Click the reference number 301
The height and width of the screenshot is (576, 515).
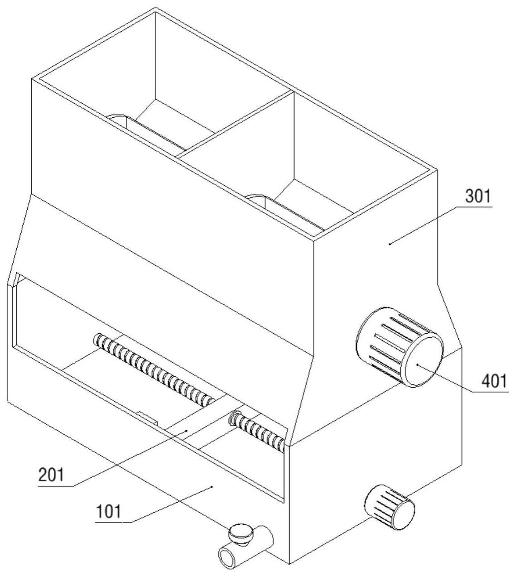pyautogui.click(x=478, y=196)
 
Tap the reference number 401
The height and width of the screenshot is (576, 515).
pyautogui.click(x=494, y=381)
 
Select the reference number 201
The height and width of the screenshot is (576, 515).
pyautogui.click(x=52, y=475)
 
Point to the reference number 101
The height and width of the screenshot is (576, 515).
pyautogui.click(x=109, y=511)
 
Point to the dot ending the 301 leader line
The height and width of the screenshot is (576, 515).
pyautogui.click(x=390, y=243)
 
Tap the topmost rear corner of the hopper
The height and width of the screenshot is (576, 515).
pyautogui.click(x=155, y=8)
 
